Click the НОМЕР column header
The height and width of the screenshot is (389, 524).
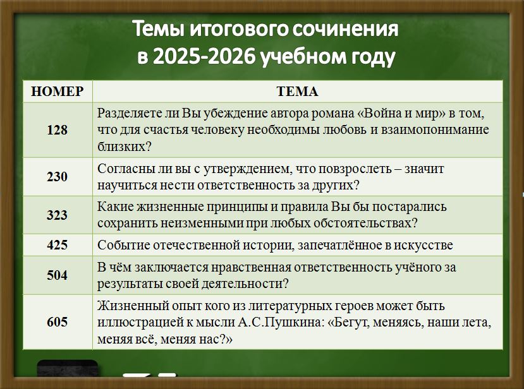[x=57, y=92]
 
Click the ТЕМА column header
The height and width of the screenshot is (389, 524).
[x=298, y=92]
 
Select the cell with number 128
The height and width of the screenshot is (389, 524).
[x=57, y=130]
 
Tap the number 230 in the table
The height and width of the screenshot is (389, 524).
[x=57, y=177]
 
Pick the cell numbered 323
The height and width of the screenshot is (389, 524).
[x=57, y=215]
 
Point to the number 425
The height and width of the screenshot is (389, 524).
[x=57, y=245]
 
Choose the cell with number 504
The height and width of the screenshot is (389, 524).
[x=57, y=275]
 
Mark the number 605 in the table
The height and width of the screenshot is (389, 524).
[x=57, y=322]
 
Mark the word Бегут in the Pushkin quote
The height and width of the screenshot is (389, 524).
[x=351, y=323]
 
